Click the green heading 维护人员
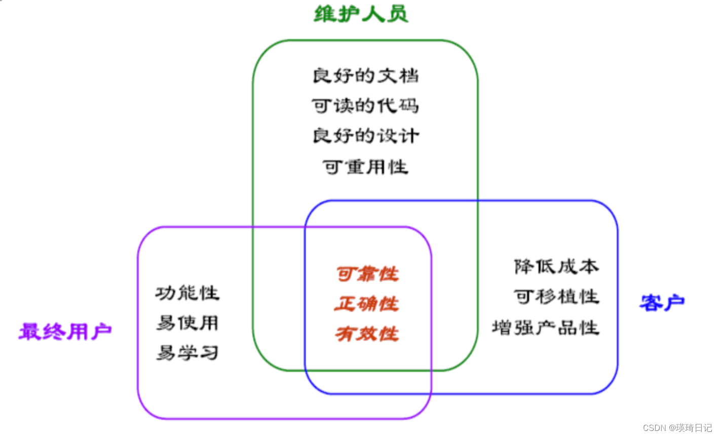point(361,14)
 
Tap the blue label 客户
point(662,303)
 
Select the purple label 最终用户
point(65,332)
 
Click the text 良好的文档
point(365,76)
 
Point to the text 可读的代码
point(365,106)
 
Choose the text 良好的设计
point(365,136)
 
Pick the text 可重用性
point(365,166)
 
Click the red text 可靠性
point(367,274)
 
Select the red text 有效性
point(367,334)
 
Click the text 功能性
point(187,293)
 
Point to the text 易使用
point(187,323)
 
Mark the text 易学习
point(187,353)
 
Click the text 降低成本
point(556,267)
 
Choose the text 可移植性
point(556,297)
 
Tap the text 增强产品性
point(546,327)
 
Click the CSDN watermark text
point(677,428)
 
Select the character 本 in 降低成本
point(589,267)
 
